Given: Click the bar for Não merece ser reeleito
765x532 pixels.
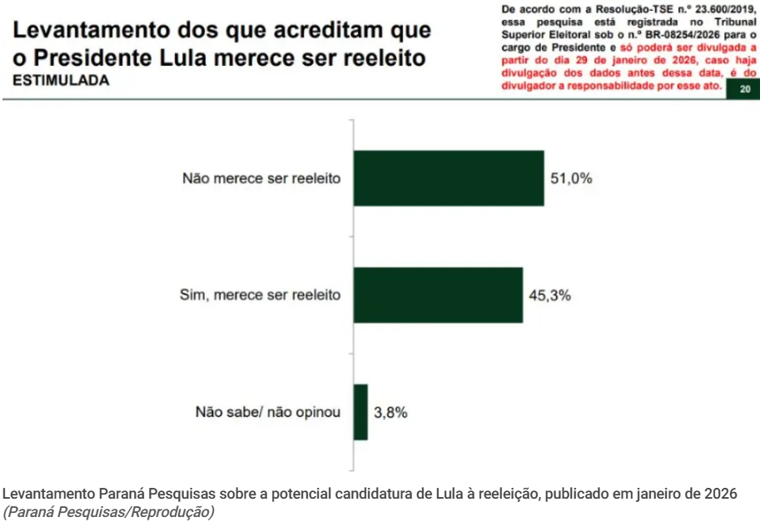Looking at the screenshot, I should click(x=449, y=178).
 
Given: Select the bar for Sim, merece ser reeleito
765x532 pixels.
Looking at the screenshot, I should click(x=438, y=295).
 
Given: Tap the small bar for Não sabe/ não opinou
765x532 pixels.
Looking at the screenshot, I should click(x=360, y=411).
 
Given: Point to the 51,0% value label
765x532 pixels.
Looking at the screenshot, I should click(x=571, y=178).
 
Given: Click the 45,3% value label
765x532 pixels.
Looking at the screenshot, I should click(x=549, y=295).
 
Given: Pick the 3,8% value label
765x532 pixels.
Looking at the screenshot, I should click(x=391, y=412).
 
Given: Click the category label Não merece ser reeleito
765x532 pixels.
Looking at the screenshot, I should click(x=261, y=179).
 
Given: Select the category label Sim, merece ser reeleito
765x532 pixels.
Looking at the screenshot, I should click(x=261, y=295).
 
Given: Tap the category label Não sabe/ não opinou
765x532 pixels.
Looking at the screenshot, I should click(x=268, y=411).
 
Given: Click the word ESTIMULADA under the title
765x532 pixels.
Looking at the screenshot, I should click(x=61, y=81).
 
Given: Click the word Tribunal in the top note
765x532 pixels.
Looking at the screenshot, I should click(x=728, y=21).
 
